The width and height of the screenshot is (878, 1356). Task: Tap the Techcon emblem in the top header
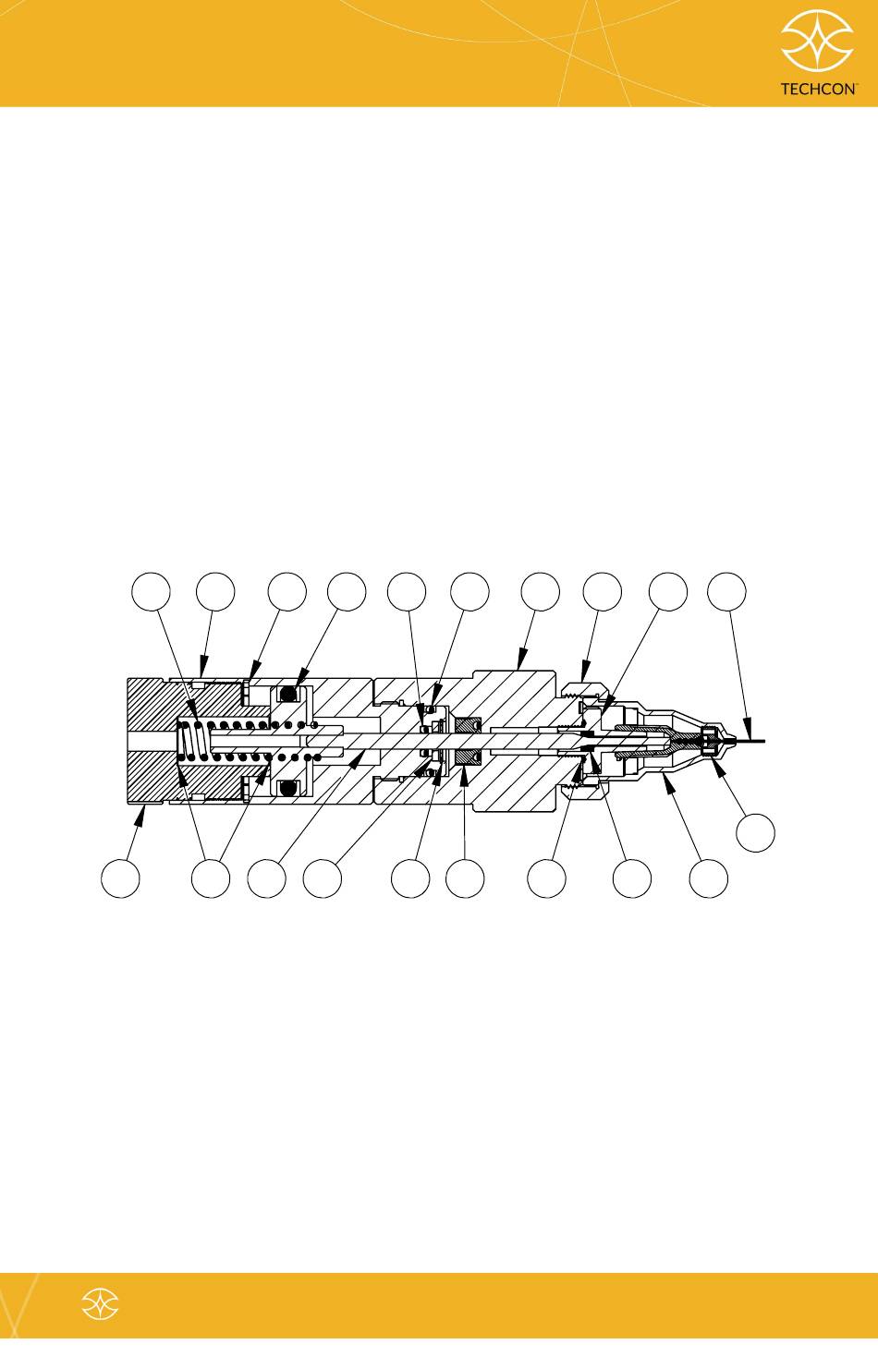click(817, 42)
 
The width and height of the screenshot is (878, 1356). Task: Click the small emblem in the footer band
click(101, 1303)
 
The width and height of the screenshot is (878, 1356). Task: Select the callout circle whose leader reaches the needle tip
click(726, 591)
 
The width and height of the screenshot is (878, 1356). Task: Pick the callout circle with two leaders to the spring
click(211, 878)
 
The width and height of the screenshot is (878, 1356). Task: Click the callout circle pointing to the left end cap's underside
click(120, 878)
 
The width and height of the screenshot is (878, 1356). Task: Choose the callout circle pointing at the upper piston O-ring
click(347, 591)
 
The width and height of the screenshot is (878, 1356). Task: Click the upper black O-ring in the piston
click(287, 694)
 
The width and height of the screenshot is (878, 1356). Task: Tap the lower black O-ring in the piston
click(287, 789)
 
